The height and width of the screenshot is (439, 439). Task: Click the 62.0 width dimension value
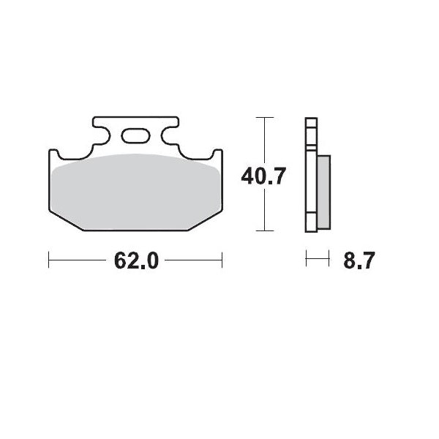pyautogui.click(x=136, y=260)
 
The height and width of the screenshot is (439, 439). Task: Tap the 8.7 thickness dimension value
pyautogui.click(x=359, y=260)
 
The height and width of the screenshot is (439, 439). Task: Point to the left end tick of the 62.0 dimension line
pyautogui.click(x=49, y=260)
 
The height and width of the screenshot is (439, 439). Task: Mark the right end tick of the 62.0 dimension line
pyautogui.click(x=222, y=260)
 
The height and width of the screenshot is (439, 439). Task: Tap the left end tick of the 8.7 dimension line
pyautogui.click(x=307, y=259)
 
